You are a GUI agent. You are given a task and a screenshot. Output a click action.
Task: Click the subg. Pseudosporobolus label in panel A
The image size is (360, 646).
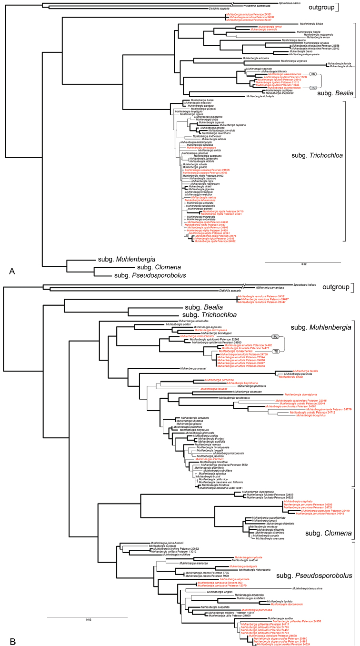click(148, 275)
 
